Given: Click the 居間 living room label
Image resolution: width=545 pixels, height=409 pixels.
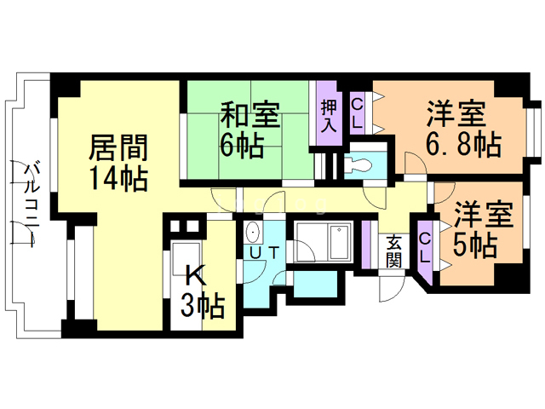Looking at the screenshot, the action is [x=118, y=147].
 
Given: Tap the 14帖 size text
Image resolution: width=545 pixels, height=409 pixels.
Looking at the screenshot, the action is [x=118, y=178].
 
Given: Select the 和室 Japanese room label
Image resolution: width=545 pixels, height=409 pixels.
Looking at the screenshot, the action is [x=250, y=114].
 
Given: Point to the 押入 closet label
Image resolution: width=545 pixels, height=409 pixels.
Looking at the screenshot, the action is [x=329, y=116].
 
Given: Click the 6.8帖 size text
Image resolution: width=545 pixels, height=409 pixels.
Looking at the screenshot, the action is [x=463, y=144].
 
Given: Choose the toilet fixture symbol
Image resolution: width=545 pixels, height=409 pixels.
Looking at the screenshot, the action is [x=358, y=164].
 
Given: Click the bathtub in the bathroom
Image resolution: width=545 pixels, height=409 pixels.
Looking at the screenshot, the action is [x=341, y=242].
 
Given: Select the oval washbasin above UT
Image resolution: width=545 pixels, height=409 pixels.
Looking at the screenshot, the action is [x=252, y=232].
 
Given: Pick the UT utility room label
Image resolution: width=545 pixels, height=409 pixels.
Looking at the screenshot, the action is [x=264, y=253].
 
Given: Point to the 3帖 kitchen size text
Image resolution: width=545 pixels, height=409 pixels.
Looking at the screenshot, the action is [x=203, y=307].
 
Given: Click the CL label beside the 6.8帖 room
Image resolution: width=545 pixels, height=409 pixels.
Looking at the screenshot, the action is [x=357, y=113].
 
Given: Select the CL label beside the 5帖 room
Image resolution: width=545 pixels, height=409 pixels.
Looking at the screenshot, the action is [x=424, y=248].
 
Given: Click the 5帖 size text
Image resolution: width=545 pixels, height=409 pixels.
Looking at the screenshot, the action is [x=474, y=245].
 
